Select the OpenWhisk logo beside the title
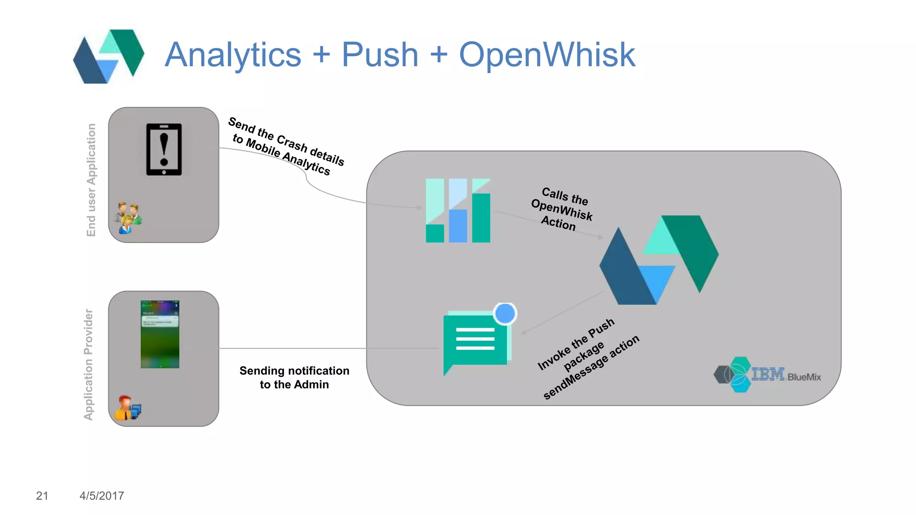coord(109,56)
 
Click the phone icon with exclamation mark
coord(164,149)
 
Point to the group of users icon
coord(128,218)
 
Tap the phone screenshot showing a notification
coord(160,334)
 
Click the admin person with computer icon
coord(127,408)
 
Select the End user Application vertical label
coord(91,180)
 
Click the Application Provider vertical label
coord(89,364)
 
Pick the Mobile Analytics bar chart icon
coord(458,211)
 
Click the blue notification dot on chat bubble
coord(505,313)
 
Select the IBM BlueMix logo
coord(767,375)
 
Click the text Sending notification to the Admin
coord(294,378)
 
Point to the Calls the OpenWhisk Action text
coord(562,209)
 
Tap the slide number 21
coord(42,496)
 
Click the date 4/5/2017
coord(102,496)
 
